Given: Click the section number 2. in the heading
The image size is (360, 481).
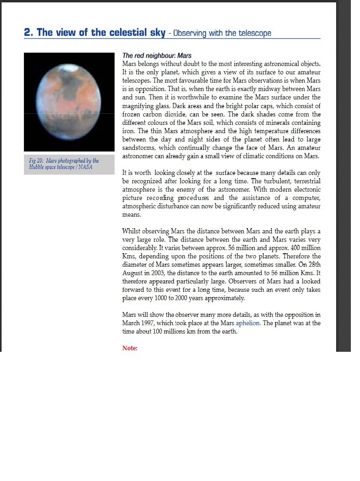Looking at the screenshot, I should pos(29,33).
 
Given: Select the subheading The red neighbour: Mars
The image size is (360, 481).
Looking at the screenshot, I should pos(157,56).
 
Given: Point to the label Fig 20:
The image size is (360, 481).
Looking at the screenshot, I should pos(36,161).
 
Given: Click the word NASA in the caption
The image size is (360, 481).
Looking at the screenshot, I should pos(85,167).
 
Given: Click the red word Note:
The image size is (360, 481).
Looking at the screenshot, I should pos(130,348).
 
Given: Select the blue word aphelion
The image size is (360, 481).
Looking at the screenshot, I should pos(248,323).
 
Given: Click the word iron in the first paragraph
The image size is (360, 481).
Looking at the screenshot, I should pos(128,131).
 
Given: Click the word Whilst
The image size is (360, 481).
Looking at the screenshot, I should pos(131,231).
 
